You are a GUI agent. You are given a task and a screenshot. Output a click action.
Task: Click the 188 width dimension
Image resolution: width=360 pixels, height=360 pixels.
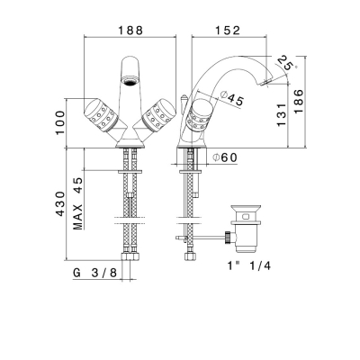[x=130, y=31]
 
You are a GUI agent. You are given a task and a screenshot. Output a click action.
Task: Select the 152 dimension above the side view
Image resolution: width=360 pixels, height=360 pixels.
[x=228, y=31]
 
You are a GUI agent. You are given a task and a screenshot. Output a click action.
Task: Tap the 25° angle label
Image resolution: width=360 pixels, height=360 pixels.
[x=285, y=64]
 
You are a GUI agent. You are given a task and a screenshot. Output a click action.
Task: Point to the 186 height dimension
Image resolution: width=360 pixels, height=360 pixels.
[x=299, y=101]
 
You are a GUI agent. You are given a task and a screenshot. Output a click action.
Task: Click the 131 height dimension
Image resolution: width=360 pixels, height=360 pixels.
[x=282, y=114]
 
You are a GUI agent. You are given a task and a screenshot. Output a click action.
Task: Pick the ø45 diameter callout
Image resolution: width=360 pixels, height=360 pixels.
[x=231, y=98]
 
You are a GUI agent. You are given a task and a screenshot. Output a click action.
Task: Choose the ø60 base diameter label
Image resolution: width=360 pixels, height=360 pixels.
[x=225, y=157]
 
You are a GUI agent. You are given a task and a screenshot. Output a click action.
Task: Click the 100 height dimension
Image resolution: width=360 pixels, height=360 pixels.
[x=59, y=122]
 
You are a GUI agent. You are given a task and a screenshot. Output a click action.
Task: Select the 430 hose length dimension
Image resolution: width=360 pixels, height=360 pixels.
[x=60, y=203]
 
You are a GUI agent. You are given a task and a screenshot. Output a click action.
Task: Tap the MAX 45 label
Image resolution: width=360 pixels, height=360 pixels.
[x=77, y=203]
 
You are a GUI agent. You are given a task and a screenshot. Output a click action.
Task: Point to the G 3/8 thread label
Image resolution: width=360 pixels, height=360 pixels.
[x=94, y=273]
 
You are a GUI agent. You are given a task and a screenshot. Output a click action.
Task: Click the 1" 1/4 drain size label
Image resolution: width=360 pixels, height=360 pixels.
[x=249, y=265]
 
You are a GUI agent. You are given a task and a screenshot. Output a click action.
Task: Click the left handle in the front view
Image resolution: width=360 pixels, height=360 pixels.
[x=100, y=115]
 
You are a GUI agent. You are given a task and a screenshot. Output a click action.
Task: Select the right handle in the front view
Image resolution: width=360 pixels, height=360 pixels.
[x=159, y=115]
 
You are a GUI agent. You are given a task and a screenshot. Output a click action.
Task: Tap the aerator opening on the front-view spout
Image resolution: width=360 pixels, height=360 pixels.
[x=130, y=80]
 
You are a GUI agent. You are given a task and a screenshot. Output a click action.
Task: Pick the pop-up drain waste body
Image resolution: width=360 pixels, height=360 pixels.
[x=246, y=228]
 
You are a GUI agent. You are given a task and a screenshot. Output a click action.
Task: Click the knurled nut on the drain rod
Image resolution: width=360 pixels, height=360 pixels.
[x=229, y=238]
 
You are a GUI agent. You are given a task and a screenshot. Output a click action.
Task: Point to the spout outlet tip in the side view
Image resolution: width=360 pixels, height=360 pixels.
[x=265, y=83]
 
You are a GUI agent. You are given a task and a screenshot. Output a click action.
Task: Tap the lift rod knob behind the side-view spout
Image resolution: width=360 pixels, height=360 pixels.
[x=184, y=98]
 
